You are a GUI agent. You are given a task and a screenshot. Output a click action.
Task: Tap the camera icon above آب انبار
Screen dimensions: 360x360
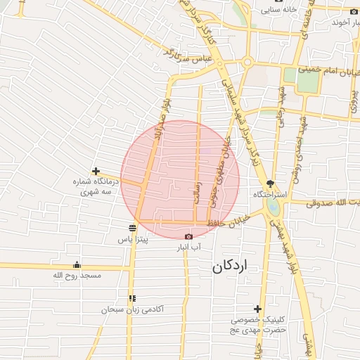188,236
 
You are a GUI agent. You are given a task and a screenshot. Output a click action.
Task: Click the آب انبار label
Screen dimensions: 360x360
188,247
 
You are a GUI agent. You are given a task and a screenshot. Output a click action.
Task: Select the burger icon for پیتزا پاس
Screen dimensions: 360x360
131,228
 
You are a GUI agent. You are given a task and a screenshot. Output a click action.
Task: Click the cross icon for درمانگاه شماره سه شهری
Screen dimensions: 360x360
96,171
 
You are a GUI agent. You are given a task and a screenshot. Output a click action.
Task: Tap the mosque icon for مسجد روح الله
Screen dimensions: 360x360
77,264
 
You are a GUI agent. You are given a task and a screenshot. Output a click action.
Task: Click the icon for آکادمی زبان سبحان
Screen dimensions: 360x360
131,299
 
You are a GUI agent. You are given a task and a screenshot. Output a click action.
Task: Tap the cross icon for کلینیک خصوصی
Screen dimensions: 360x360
258,309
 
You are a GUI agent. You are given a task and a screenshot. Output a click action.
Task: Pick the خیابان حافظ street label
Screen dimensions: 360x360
227,222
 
